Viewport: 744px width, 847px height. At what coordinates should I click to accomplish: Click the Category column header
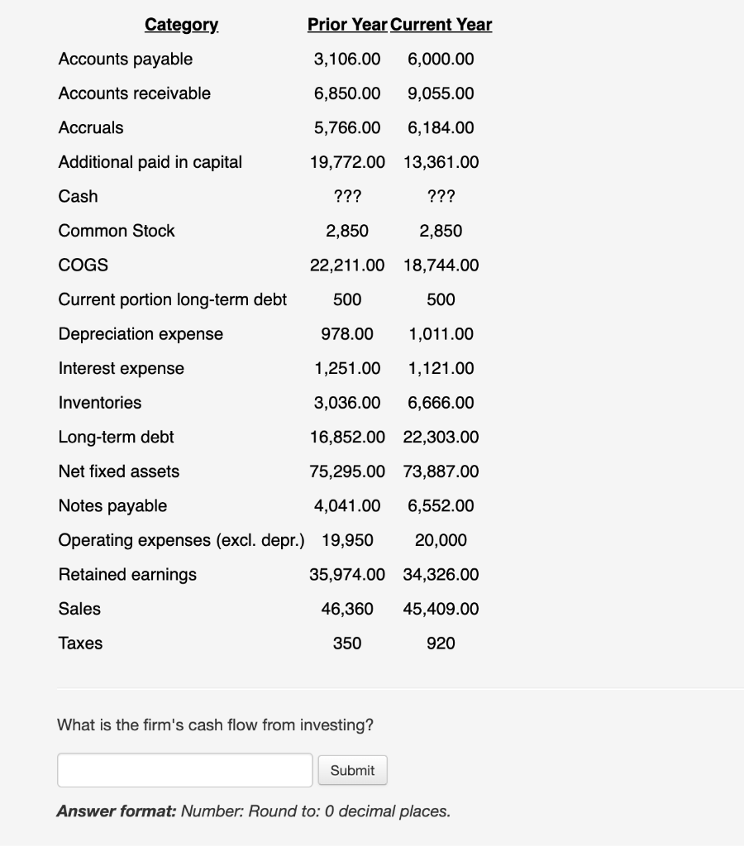pyautogui.click(x=181, y=25)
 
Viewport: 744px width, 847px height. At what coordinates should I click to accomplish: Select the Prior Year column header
pyautogui.click(x=347, y=25)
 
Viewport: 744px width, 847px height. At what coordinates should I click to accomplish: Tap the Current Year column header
pyautogui.click(x=441, y=25)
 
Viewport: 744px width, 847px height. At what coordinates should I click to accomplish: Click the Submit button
pyautogui.click(x=352, y=770)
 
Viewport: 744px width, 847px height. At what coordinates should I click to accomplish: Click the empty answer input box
pyautogui.click(x=185, y=770)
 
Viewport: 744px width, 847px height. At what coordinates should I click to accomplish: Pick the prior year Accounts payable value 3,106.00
pyautogui.click(x=347, y=59)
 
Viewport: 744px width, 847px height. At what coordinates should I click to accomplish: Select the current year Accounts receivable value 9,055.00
pyautogui.click(x=441, y=93)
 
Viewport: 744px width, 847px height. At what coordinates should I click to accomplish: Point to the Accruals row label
pyautogui.click(x=91, y=127)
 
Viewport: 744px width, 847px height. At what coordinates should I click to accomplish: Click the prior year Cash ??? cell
pyautogui.click(x=347, y=196)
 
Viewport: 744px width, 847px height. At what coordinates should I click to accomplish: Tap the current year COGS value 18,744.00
pyautogui.click(x=441, y=265)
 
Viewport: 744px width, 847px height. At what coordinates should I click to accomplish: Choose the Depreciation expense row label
pyautogui.click(x=141, y=333)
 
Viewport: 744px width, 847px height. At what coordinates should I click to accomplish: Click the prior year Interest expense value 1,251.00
pyautogui.click(x=347, y=368)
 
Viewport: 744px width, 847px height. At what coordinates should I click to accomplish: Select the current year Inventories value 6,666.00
pyautogui.click(x=441, y=403)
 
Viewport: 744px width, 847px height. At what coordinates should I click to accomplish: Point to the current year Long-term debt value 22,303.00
pyautogui.click(x=441, y=437)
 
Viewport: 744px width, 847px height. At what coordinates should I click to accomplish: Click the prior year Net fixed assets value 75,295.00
pyautogui.click(x=347, y=471)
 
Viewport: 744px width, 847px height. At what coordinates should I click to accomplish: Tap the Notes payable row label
pyautogui.click(x=112, y=505)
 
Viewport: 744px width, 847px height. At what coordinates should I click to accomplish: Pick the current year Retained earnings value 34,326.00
pyautogui.click(x=441, y=574)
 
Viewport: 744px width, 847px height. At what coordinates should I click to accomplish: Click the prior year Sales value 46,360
pyautogui.click(x=347, y=609)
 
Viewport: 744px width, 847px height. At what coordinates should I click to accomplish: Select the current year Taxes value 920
pyautogui.click(x=441, y=643)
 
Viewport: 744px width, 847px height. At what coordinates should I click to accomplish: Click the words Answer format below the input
pyautogui.click(x=116, y=811)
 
